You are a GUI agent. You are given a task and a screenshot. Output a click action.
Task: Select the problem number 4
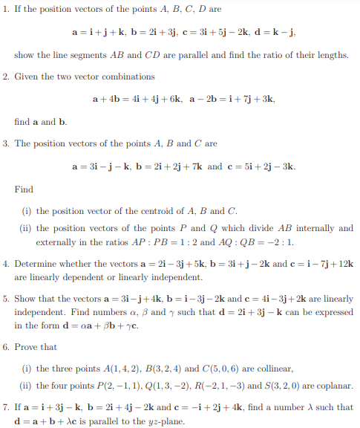[x=7, y=264]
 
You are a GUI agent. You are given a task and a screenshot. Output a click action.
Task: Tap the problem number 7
[x=7, y=409]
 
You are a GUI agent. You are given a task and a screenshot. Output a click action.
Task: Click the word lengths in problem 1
[x=331, y=55]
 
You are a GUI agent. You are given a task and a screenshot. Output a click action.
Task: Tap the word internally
[x=298, y=228]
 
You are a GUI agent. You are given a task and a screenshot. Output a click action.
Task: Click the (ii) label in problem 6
[x=27, y=386]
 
